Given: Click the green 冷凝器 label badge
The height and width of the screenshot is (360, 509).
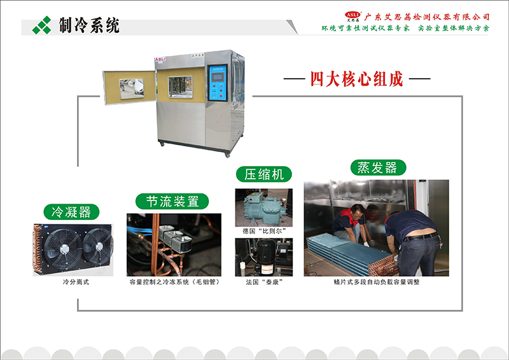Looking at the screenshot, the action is point(71,212).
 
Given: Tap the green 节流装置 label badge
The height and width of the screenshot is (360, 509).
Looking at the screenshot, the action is point(172,201).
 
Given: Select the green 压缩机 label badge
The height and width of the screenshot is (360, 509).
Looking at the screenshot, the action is point(264,174).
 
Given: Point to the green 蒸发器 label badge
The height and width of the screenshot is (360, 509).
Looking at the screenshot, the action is point(378,167).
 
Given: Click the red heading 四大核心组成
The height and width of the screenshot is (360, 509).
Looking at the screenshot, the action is point(357,79).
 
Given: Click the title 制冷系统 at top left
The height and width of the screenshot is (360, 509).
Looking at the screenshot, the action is point(89,25).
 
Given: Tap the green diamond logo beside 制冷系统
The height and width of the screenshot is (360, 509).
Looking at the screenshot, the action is point(42,25).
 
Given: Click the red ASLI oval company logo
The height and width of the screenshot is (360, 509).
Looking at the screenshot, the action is point(352,15).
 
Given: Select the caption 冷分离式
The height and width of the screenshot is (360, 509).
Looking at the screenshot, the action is point(76,282).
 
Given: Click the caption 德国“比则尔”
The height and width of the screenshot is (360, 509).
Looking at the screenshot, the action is point(264,231).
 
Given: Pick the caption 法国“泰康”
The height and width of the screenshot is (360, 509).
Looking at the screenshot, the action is point(264,282).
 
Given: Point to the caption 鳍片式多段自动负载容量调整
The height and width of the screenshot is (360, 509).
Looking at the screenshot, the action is point(377,282).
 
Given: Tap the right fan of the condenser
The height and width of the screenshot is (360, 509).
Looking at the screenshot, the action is point(98,247).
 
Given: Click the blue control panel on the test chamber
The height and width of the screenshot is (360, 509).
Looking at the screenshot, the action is point(217,83).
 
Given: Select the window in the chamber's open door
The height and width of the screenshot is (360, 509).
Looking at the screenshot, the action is point(131,88).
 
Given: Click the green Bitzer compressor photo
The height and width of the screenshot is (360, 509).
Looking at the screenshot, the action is point(264,208).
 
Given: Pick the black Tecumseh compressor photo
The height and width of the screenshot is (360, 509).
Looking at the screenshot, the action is point(264,257).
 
